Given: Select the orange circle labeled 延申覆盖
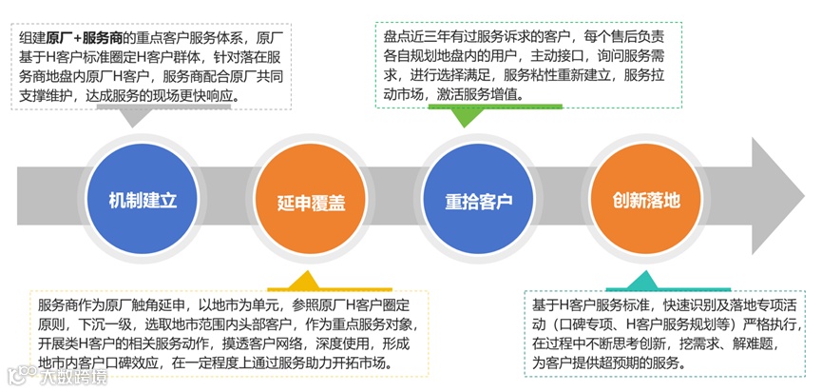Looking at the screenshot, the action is coord(311,202).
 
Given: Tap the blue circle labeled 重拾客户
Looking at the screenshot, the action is coord(478,202).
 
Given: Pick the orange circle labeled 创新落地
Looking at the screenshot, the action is coord(647,202).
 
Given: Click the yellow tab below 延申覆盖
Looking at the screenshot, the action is coord(304,282).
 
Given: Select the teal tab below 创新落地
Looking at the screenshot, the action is coord(642,282).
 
